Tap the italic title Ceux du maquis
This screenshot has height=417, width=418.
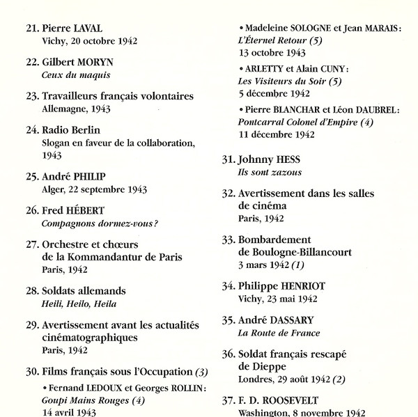click(76, 74)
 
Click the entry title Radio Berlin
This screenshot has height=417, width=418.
click(71, 129)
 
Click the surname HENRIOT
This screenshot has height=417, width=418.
click(302, 285)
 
